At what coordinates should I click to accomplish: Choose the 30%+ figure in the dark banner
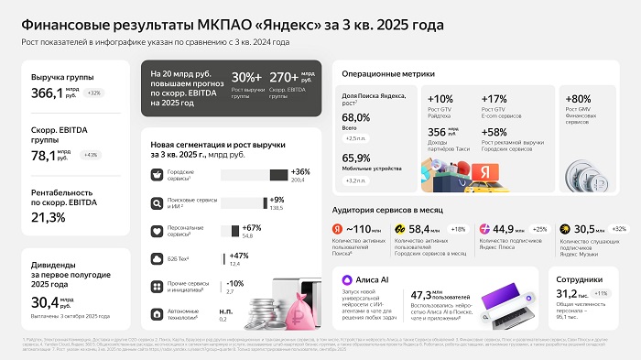point(245,78)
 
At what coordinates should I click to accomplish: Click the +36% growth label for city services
point(299,172)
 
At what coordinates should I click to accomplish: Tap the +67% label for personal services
point(252,228)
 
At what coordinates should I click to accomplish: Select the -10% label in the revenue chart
point(235,283)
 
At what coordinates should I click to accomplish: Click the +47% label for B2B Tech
point(238,256)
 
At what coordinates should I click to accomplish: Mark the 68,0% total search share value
point(355,118)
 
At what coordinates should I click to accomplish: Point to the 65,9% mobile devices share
point(355,158)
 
